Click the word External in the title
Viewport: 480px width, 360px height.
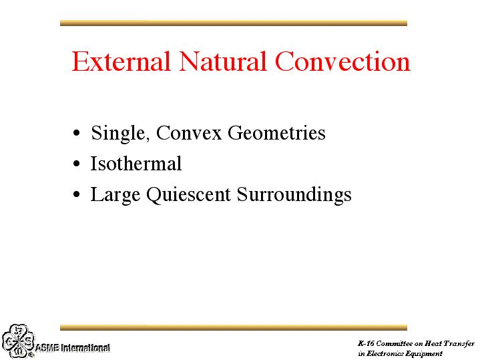121,61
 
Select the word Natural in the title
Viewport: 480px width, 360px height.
222,61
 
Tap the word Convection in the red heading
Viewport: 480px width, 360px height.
342,61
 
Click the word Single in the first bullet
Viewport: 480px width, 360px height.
118,134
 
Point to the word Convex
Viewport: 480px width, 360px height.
188,133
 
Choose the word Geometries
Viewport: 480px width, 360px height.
276,133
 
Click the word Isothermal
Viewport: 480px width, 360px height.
136,163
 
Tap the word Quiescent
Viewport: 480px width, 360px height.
188,195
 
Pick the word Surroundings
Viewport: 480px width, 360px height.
294,195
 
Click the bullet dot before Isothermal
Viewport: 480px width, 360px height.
77,164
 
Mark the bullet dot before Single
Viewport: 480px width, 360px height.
77,133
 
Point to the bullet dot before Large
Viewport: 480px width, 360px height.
77,194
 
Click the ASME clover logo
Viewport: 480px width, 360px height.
19,341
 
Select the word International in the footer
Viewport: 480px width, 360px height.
85,348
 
